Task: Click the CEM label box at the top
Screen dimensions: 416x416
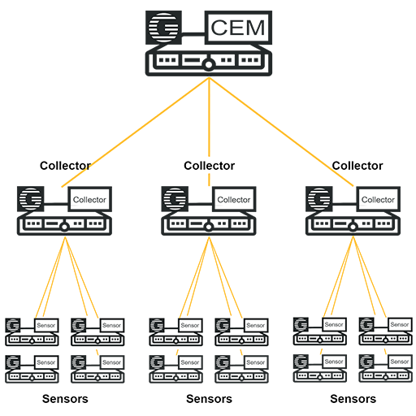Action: pos(238,28)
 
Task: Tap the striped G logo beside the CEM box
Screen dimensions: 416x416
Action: pos(163,28)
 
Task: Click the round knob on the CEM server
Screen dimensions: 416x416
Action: pos(209,65)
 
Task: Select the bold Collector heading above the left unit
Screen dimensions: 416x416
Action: pos(65,166)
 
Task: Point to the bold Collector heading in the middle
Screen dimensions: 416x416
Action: pos(210,166)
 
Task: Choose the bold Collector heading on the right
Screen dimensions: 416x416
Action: pos(357,166)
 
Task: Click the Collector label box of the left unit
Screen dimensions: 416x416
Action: pos(89,199)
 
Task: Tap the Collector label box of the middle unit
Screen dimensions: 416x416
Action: pos(234,199)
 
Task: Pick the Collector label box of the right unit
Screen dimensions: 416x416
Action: pos(378,199)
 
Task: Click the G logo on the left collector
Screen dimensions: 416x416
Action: pos(31,199)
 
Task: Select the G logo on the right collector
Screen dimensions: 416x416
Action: pos(319,199)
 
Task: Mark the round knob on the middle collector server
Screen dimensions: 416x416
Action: pos(209,227)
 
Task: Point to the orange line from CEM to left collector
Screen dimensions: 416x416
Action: pos(136,132)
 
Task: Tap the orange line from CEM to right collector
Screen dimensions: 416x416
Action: pos(281,132)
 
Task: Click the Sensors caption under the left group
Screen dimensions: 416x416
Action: pos(65,399)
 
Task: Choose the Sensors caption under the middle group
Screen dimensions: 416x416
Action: pos(210,399)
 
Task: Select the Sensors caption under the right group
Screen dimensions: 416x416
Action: pos(353,399)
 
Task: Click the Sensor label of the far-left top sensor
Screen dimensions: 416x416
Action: pos(46,325)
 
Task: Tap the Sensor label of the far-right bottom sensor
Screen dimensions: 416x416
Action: pos(400,362)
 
